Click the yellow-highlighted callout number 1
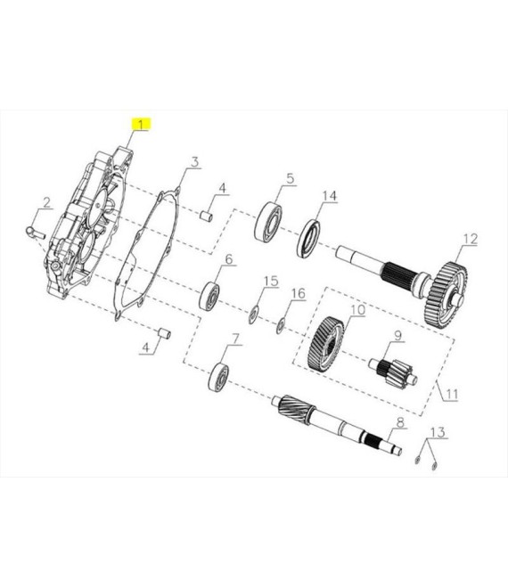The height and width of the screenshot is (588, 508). click(141, 124)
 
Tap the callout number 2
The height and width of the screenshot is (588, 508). click(46, 202)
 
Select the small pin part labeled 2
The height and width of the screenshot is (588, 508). click(36, 233)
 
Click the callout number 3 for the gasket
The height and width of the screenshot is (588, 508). click(194, 162)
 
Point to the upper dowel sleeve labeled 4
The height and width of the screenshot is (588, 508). click(207, 217)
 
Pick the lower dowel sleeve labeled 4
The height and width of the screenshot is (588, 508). click(164, 333)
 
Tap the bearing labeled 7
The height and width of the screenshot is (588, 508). click(218, 377)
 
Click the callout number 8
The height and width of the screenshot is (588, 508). click(401, 422)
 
